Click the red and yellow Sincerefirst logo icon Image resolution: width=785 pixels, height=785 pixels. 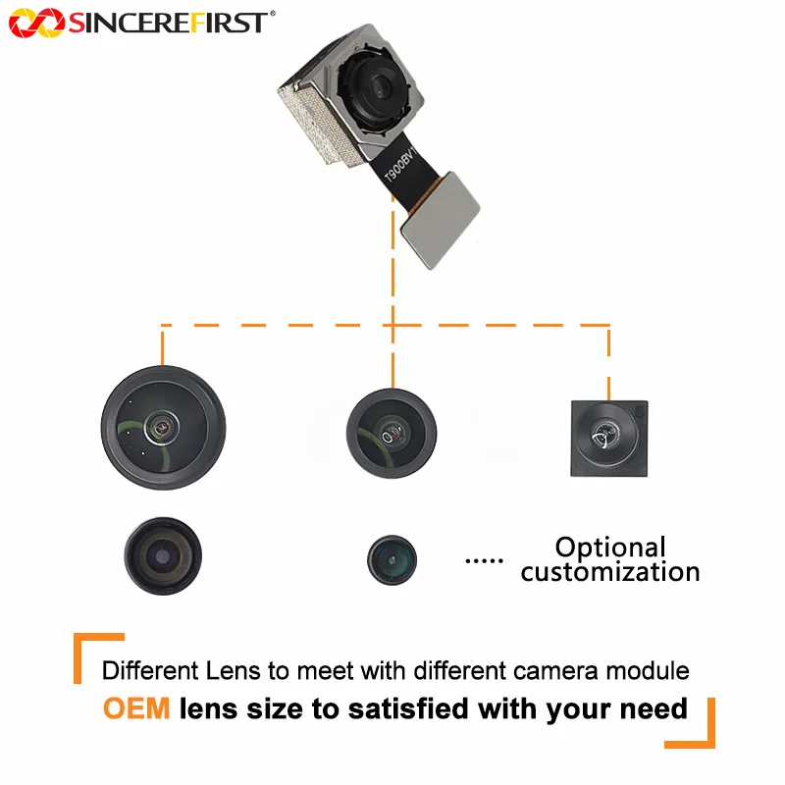point(37,23)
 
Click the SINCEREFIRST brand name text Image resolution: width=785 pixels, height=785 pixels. point(168,23)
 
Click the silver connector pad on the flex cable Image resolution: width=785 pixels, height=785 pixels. point(440,220)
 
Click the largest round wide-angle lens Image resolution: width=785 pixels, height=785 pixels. point(163,428)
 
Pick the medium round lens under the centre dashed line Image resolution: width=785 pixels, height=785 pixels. point(392,434)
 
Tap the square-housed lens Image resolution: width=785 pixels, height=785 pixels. point(609,439)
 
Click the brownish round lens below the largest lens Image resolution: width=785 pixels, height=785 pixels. point(163,555)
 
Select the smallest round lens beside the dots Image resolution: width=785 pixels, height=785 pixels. point(392,559)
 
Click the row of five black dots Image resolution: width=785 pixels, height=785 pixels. point(484,560)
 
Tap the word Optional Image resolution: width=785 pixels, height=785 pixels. point(610,548)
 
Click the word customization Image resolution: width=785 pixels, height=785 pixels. point(610,572)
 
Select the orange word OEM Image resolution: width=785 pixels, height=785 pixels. point(136,708)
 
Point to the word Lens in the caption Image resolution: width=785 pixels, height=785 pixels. point(234,671)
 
